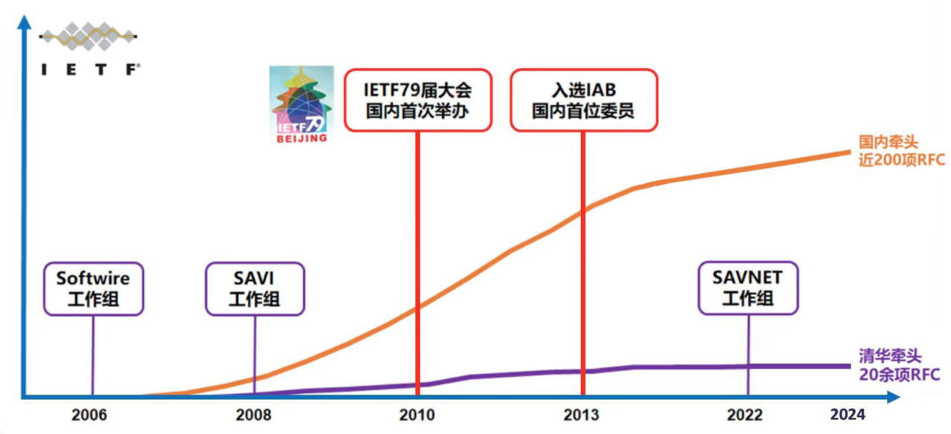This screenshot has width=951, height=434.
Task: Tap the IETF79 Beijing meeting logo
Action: click(302, 104)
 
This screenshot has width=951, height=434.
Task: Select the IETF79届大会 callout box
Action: click(418, 100)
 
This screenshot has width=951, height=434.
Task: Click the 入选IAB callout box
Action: click(584, 100)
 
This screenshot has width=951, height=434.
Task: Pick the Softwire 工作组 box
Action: click(94, 288)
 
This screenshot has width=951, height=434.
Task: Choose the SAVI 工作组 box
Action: click(255, 288)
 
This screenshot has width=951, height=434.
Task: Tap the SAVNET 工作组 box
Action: click(747, 288)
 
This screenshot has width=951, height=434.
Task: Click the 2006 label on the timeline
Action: click(89, 414)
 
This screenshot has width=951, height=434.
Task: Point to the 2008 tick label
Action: click(253, 414)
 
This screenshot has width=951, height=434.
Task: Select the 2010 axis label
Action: click(418, 414)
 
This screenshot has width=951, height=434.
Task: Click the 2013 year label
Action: click(581, 414)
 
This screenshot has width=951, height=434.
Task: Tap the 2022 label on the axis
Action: click(745, 414)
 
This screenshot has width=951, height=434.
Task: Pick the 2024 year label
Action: click(848, 414)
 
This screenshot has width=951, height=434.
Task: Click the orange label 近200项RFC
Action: click(901, 159)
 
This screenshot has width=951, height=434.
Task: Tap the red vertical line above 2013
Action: click(582, 260)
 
